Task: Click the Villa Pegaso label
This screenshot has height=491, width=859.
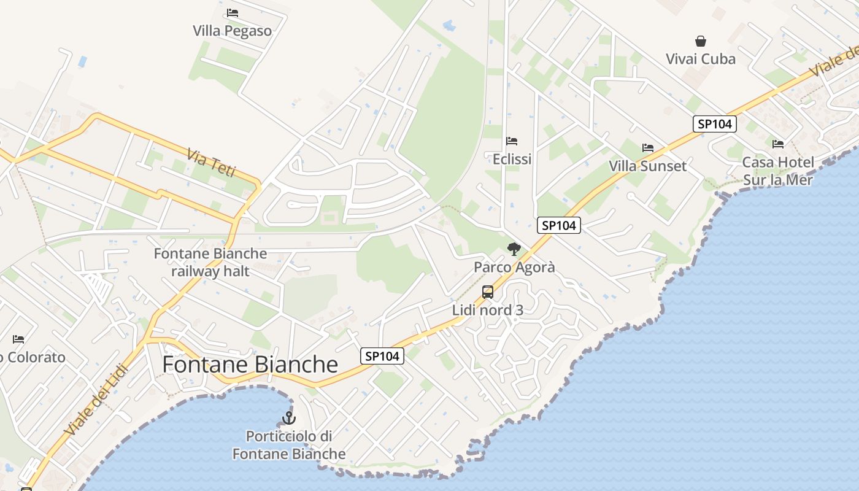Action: click(232, 31)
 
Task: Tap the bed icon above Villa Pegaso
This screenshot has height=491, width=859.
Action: click(232, 12)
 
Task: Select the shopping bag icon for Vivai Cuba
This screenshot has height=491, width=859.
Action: click(701, 41)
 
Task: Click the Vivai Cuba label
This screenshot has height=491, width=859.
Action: click(701, 59)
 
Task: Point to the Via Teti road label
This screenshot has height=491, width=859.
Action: click(212, 163)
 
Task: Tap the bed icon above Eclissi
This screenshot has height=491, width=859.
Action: click(512, 141)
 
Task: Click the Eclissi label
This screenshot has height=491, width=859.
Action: click(512, 159)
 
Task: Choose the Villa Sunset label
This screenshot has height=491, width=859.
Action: click(647, 166)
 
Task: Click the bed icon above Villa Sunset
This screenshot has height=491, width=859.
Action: click(647, 148)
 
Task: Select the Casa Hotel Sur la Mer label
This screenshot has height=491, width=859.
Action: click(777, 171)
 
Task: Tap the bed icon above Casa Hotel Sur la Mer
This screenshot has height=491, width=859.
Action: click(778, 144)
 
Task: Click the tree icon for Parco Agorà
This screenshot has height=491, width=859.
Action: click(514, 249)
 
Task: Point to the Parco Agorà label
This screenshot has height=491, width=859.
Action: click(514, 267)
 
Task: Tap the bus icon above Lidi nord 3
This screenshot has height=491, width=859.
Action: click(488, 292)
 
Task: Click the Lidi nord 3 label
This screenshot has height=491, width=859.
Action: click(488, 310)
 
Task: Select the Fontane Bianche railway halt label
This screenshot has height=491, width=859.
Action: click(210, 262)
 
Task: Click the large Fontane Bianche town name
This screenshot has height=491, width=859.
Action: click(250, 365)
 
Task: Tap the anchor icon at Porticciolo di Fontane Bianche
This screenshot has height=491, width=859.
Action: click(289, 419)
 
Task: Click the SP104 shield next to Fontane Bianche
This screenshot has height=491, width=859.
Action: click(382, 355)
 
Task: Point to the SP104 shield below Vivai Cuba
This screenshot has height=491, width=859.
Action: click(715, 124)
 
